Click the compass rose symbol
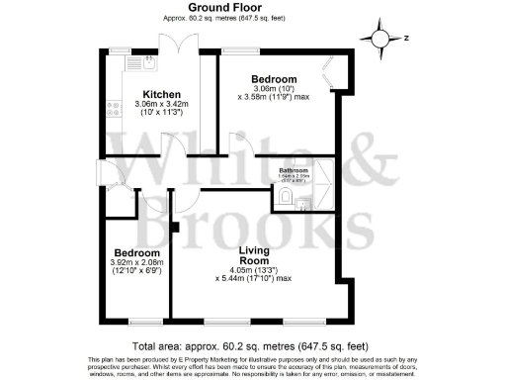pos(379,39)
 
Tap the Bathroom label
pos(295,170)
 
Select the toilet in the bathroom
pos(286,200)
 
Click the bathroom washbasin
pos(304,202)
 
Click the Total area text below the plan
pos(252,345)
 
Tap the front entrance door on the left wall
pos(102,173)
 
